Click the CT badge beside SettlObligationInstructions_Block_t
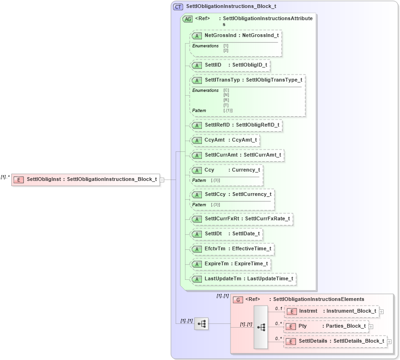coord(178,7)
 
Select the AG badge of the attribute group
coord(187,19)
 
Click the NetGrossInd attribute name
coord(220,35)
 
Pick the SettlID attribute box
coord(230,65)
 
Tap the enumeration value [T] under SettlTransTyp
coord(226,105)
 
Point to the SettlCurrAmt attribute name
coord(222,155)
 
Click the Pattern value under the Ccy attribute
coord(215,180)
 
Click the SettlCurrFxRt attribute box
coord(241,219)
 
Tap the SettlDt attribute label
coord(213,234)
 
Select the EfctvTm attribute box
coord(232,249)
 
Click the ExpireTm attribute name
coord(216,264)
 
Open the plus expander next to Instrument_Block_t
coord(382,311)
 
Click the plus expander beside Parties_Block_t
coord(371,326)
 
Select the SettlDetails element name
coord(315,341)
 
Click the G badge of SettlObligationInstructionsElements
coord(238,300)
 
